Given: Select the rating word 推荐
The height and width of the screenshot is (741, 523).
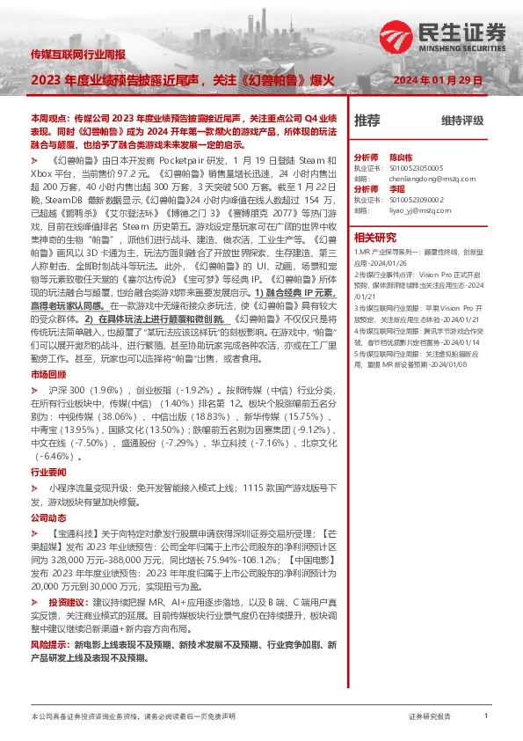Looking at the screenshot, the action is tap(367, 121).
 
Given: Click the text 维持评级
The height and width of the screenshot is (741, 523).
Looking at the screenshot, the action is tap(463, 121).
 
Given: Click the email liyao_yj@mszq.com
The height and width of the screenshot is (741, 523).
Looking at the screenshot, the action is tap(416, 211).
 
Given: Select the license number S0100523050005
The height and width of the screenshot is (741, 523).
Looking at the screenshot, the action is tap(418, 166).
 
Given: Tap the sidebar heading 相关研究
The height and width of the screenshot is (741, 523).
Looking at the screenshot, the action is tap(375, 237).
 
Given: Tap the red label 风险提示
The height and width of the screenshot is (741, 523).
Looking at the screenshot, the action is tap(48, 645).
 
